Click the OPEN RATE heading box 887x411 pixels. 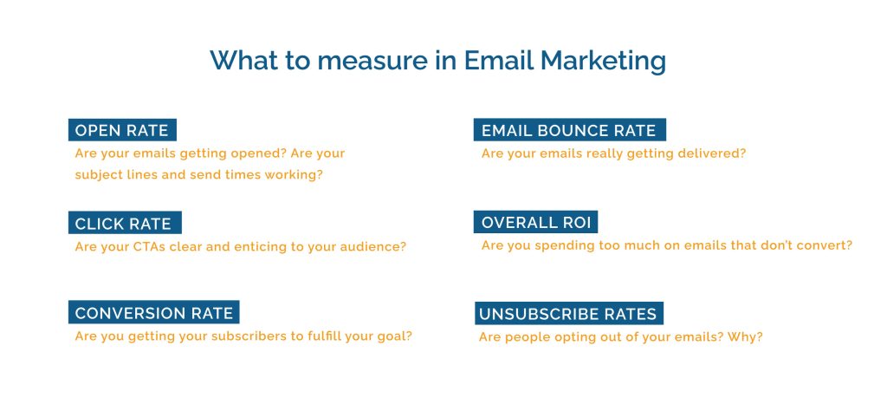(x=122, y=130)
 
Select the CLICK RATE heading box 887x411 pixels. (x=125, y=223)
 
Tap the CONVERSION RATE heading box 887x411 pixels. (x=154, y=312)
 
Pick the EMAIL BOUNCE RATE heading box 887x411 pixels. (x=570, y=130)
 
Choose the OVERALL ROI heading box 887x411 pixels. (x=535, y=221)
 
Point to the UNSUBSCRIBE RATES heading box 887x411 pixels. (x=569, y=313)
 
